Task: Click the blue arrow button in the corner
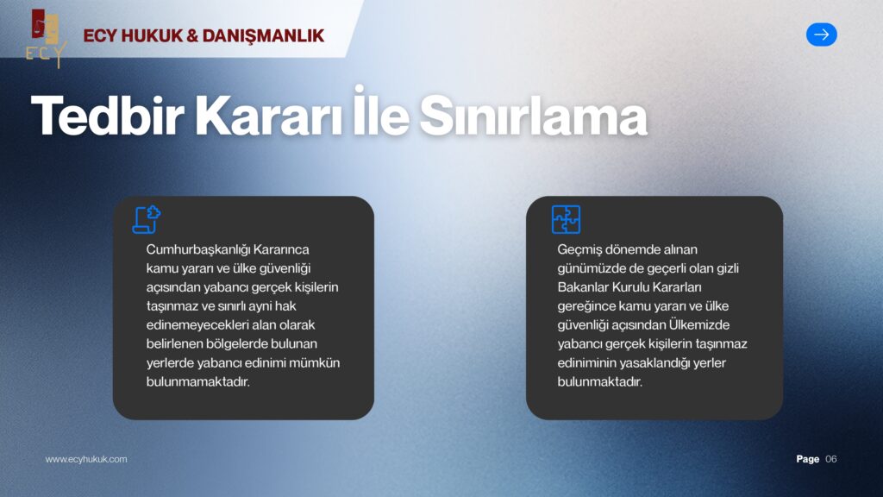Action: tap(821, 35)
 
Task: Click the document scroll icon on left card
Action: tap(146, 219)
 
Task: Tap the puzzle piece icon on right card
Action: tap(566, 219)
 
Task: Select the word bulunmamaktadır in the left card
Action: tap(197, 381)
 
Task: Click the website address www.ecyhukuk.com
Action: tap(86, 459)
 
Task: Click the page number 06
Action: tap(831, 459)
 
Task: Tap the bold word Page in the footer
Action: tap(807, 459)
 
